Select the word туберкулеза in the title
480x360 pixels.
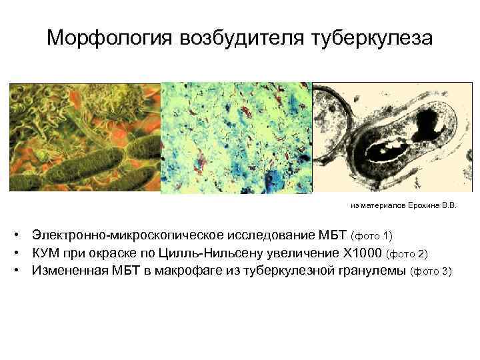coord(372,38)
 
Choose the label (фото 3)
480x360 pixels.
coord(431,271)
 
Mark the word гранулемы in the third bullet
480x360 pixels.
coord(371,271)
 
